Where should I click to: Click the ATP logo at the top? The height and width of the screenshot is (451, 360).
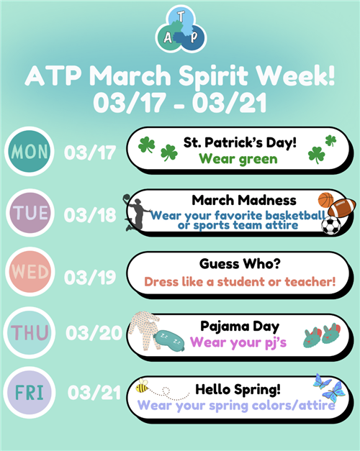pyautogui.click(x=181, y=29)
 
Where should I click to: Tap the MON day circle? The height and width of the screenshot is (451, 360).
pyautogui.click(x=29, y=151)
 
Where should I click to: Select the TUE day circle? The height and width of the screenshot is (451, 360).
pyautogui.click(x=30, y=213)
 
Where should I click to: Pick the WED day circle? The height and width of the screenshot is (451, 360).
pyautogui.click(x=30, y=271)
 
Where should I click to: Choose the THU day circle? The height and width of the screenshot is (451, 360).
pyautogui.click(x=29, y=332)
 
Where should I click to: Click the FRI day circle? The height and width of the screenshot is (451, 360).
pyautogui.click(x=30, y=392)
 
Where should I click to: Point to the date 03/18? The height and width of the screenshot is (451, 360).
pyautogui.click(x=90, y=215)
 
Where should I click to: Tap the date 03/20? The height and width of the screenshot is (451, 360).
pyautogui.click(x=94, y=333)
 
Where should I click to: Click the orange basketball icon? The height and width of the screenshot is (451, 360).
pyautogui.click(x=325, y=200)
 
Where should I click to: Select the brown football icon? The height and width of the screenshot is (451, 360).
pyautogui.click(x=342, y=208)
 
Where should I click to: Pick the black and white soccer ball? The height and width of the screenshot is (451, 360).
pyautogui.click(x=331, y=225)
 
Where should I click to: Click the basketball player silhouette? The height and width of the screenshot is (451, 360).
pyautogui.click(x=136, y=213)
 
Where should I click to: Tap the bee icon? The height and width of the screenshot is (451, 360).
pyautogui.click(x=142, y=386)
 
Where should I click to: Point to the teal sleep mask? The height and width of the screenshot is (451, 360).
pyautogui.click(x=168, y=340)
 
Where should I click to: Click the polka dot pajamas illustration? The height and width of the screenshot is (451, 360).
pyautogui.click(x=145, y=330)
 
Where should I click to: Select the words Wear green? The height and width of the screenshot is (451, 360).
pyautogui.click(x=238, y=159)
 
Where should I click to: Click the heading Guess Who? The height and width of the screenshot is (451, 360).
pyautogui.click(x=240, y=264)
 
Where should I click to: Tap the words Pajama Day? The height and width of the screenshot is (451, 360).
pyautogui.click(x=240, y=327)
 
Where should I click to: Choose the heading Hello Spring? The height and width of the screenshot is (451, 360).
pyautogui.click(x=238, y=389)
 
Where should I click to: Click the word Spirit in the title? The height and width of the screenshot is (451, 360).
pyautogui.click(x=213, y=76)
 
